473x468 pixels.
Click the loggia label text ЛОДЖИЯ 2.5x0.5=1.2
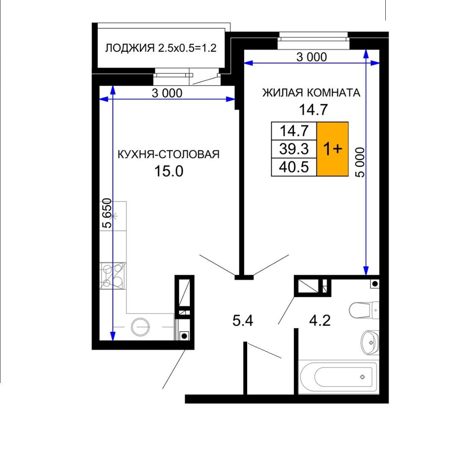point(161,48)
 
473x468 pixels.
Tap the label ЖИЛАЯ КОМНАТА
point(311,93)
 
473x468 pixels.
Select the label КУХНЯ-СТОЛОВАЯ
point(169,154)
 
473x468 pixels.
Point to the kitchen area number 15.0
point(169,171)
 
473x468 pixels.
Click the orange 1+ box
point(333,149)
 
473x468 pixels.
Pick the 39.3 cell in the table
point(294,149)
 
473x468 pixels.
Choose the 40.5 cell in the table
point(294,167)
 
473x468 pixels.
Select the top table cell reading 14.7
point(294,131)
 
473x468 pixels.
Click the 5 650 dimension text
point(107,213)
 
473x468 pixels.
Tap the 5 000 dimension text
point(360,162)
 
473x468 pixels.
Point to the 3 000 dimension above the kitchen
point(167,93)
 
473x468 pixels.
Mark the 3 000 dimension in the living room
point(312,57)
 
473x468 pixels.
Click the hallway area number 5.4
point(243,320)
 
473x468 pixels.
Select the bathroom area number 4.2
point(320,320)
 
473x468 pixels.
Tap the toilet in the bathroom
point(364,310)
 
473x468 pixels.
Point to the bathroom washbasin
point(370,342)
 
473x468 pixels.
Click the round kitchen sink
point(140,327)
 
